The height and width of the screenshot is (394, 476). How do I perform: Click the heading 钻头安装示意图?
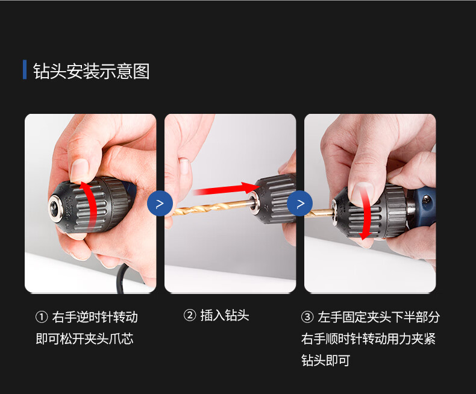coord(92,71)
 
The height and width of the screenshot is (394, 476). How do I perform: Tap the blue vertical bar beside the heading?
coord(25,70)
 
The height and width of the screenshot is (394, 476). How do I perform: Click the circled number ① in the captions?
coord(42,317)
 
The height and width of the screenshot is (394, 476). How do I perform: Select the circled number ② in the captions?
coord(190,315)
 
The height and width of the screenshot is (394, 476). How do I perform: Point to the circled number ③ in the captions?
coord(307,317)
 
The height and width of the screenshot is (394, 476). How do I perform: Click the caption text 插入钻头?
coord(225,315)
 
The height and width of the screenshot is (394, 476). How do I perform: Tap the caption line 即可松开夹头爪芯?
coord(84,339)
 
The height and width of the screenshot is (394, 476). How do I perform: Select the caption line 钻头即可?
coord(326,360)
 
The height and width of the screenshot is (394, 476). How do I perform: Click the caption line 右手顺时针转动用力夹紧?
coord(368,339)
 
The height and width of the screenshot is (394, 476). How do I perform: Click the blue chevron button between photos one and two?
coord(160,204)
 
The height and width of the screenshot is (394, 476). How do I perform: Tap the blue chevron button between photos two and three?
coord(300,204)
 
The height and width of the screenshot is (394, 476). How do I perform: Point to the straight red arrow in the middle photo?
coord(226,189)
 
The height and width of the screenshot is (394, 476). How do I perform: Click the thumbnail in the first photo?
coord(80,170)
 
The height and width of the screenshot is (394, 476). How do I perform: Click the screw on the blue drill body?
coord(427,199)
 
